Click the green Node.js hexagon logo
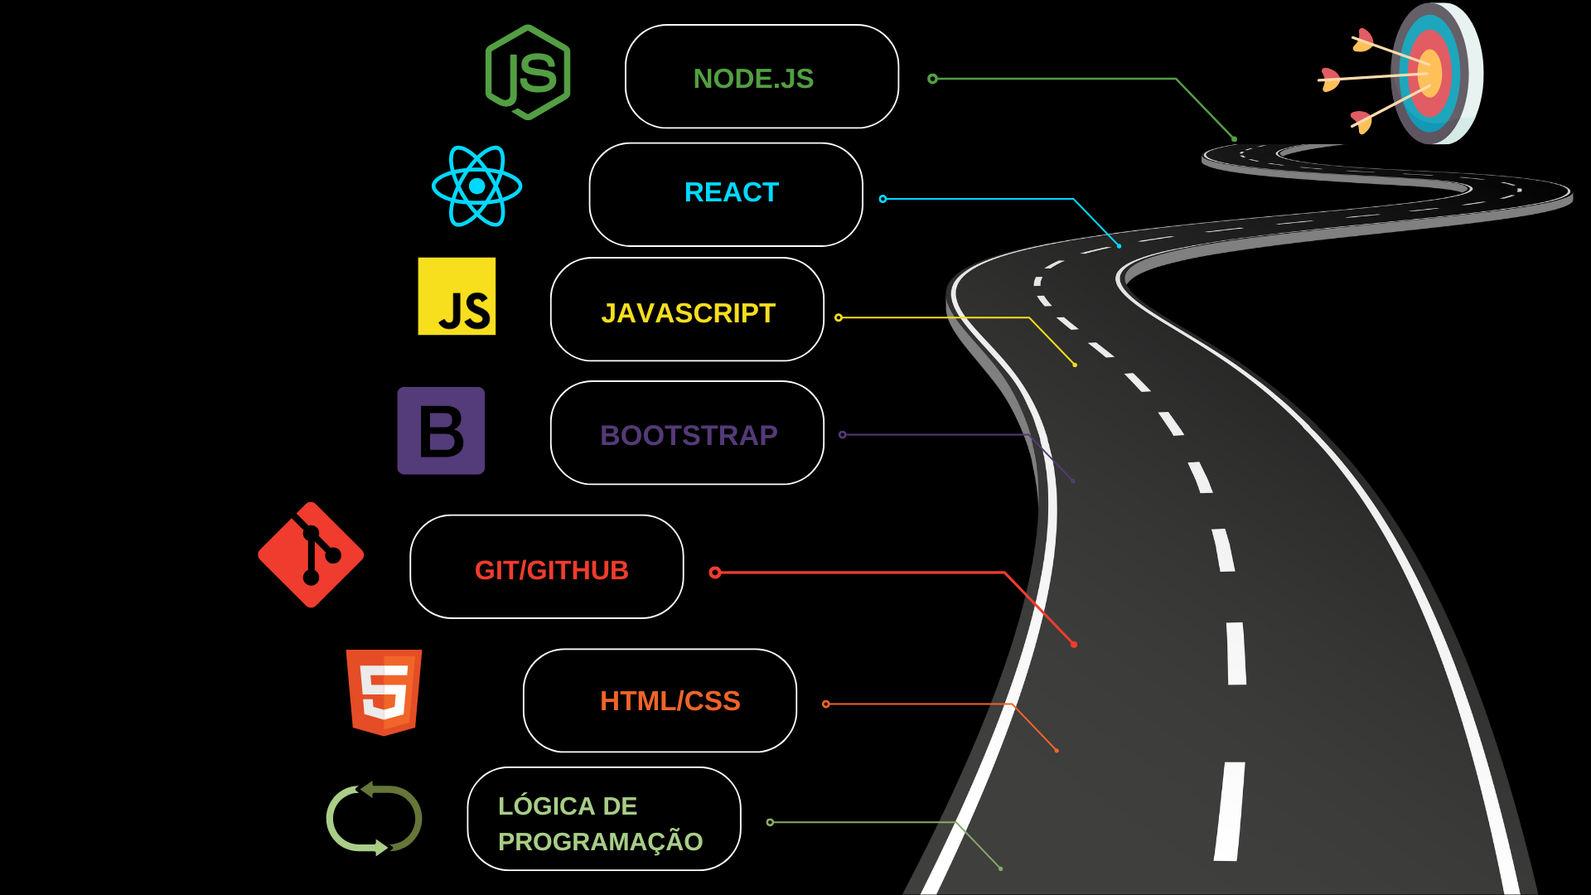(528, 73)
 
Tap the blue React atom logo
(476, 186)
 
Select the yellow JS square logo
(457, 297)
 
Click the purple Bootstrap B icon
(441, 431)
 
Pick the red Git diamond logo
(311, 555)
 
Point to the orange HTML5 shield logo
(384, 693)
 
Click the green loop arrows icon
(374, 819)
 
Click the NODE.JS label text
(753, 79)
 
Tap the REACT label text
(731, 192)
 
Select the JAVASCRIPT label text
(688, 313)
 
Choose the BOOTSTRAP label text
(689, 435)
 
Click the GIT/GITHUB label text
(551, 570)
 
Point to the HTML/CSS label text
(670, 701)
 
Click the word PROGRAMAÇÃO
(600, 841)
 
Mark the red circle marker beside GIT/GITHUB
(715, 572)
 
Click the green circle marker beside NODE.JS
(932, 79)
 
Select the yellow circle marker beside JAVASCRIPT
(839, 317)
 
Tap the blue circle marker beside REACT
(883, 199)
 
